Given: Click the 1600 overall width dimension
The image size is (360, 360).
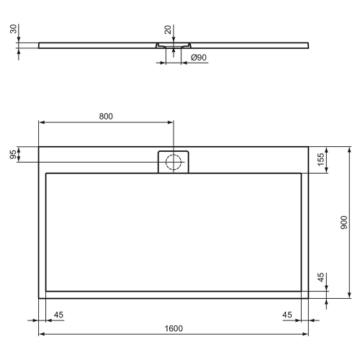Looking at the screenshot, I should tap(173, 328).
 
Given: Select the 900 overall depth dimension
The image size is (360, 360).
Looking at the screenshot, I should tap(344, 223).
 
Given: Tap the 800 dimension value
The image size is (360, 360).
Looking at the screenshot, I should tap(106, 116).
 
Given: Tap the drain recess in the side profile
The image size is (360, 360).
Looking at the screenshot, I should tap(173, 45).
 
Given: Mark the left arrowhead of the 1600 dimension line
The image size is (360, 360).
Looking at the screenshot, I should tap(41, 334).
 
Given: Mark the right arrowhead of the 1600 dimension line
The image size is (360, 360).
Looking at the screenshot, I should tap(307, 334).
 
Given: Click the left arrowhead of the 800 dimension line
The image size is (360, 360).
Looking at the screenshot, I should tap(41, 122).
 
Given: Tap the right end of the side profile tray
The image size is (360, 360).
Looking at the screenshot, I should tap(308, 44).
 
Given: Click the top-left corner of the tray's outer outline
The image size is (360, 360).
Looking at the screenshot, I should tap(38, 148).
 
